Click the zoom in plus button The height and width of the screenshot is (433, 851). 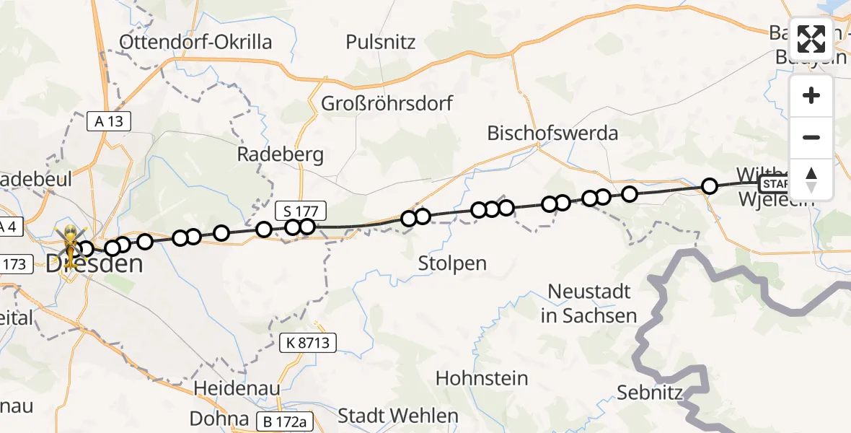coord(811,96)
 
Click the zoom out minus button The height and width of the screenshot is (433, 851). coord(811,137)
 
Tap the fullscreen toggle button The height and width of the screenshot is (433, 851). coord(811,39)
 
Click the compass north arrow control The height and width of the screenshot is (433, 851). coord(811,179)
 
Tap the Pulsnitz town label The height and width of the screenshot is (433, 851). coord(381,42)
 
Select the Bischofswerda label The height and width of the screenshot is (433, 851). coord(552,134)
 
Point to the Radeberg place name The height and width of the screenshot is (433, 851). coord(281,155)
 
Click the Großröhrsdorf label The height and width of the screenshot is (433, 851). coord(387,103)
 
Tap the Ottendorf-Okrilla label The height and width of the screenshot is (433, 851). coord(196,42)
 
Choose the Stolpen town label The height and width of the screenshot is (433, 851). coord(452,263)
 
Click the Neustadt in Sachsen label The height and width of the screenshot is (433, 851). coord(589,303)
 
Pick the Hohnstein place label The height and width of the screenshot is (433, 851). coord(482,378)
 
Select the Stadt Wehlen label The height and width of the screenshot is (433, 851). coord(398,416)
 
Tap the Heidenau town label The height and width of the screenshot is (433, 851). coord(237,388)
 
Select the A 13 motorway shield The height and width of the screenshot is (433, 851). coord(109,121)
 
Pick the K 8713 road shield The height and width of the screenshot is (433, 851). coord(309,344)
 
